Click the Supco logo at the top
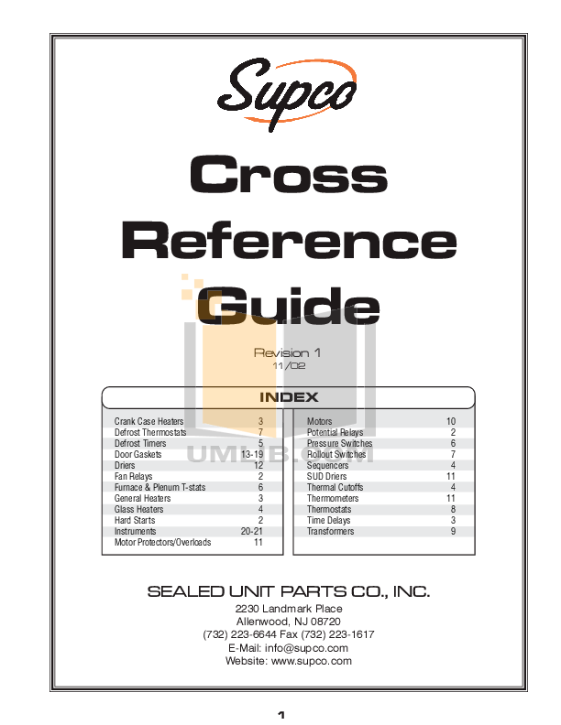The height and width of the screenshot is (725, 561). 288,93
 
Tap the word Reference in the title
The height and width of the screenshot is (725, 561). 289,241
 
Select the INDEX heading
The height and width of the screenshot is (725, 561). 289,397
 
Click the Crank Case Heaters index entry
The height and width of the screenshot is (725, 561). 148,421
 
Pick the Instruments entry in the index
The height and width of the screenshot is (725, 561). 135,531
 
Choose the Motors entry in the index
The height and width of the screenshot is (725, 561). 319,421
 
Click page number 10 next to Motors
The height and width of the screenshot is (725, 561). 450,421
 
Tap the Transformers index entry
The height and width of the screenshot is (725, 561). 330,531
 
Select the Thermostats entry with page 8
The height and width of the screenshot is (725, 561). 328,509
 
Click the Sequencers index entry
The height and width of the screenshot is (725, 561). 327,465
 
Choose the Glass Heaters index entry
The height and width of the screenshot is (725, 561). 138,509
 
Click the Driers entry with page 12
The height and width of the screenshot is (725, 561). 125,465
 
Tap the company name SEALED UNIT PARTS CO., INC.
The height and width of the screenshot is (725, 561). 289,592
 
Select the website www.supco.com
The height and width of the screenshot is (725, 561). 312,660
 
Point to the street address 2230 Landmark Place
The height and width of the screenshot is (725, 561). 289,609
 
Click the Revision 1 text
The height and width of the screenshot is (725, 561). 287,352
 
